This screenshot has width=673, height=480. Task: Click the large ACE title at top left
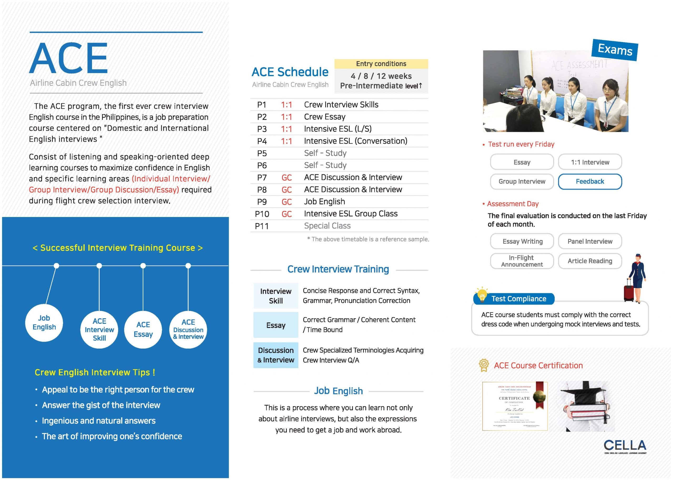click(69, 58)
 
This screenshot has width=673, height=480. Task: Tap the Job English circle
click(44, 322)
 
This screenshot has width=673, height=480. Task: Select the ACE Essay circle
click(143, 329)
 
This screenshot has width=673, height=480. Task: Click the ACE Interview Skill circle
click(99, 329)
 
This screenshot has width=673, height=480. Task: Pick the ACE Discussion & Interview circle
click(188, 329)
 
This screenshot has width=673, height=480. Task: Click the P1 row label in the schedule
click(262, 105)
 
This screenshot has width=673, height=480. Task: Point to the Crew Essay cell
click(324, 117)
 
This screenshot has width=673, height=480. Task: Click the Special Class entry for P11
click(327, 226)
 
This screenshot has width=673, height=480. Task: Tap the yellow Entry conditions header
click(381, 64)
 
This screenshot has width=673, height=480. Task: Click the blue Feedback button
click(590, 181)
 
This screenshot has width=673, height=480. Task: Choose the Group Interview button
click(522, 181)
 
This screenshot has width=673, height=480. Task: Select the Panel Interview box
click(590, 241)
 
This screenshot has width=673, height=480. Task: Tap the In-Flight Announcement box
click(522, 261)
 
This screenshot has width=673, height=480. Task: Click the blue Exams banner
click(615, 50)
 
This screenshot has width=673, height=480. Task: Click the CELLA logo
click(625, 446)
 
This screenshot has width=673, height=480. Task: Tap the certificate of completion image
click(515, 406)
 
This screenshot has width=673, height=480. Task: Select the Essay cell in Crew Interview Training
click(276, 325)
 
